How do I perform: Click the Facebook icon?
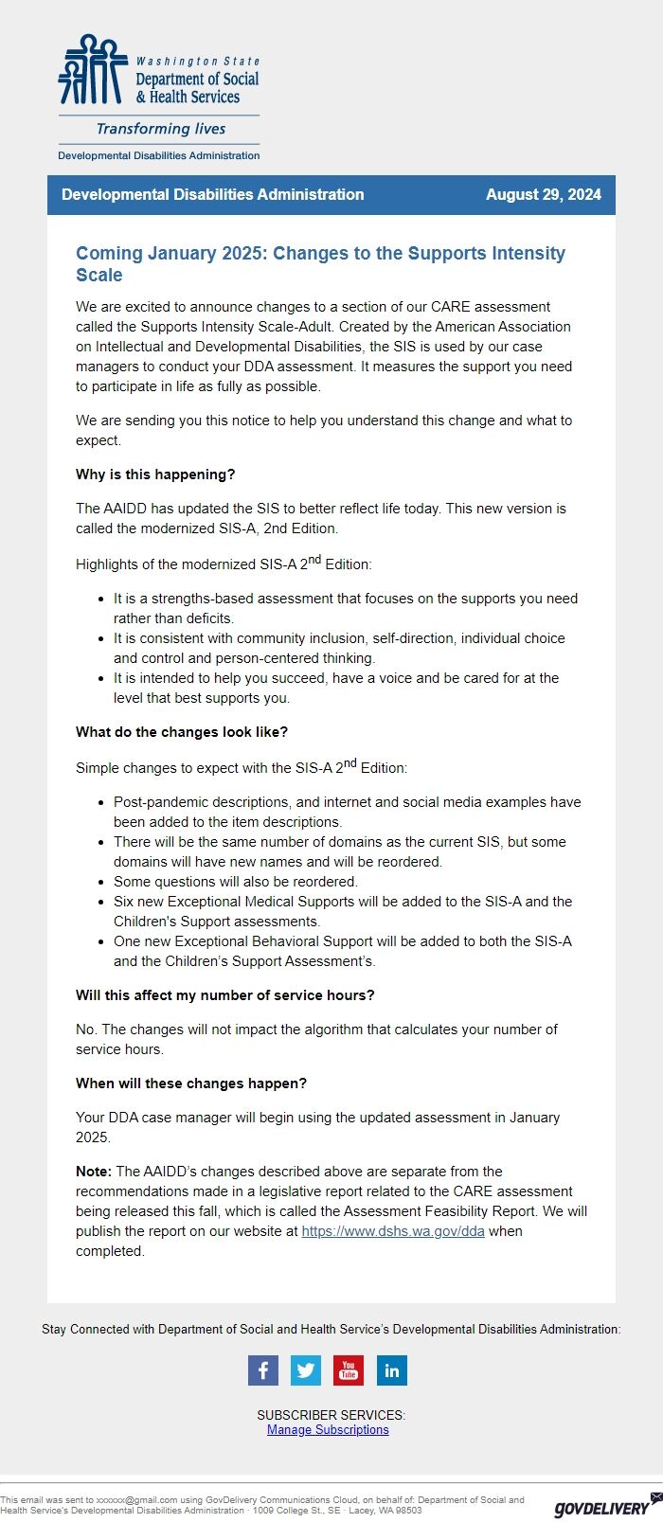tap(262, 1370)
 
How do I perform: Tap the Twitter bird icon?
tap(305, 1370)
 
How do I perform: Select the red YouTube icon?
tap(349, 1370)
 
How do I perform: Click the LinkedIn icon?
tap(391, 1370)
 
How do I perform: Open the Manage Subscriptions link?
tap(328, 1430)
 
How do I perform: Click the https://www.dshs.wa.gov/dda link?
tap(393, 1231)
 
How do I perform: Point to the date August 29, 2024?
tap(543, 194)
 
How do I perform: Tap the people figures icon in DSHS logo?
tap(92, 70)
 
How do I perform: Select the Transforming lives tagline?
tap(161, 129)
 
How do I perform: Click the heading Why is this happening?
tap(155, 475)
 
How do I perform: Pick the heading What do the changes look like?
tap(182, 732)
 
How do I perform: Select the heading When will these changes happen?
tap(191, 1083)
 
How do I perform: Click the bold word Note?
tap(94, 1172)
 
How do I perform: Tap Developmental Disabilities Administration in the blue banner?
tap(212, 194)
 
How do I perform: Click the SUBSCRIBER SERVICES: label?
tap(331, 1415)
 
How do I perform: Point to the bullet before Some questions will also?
tap(101, 882)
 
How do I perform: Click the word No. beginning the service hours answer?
tap(86, 1030)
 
